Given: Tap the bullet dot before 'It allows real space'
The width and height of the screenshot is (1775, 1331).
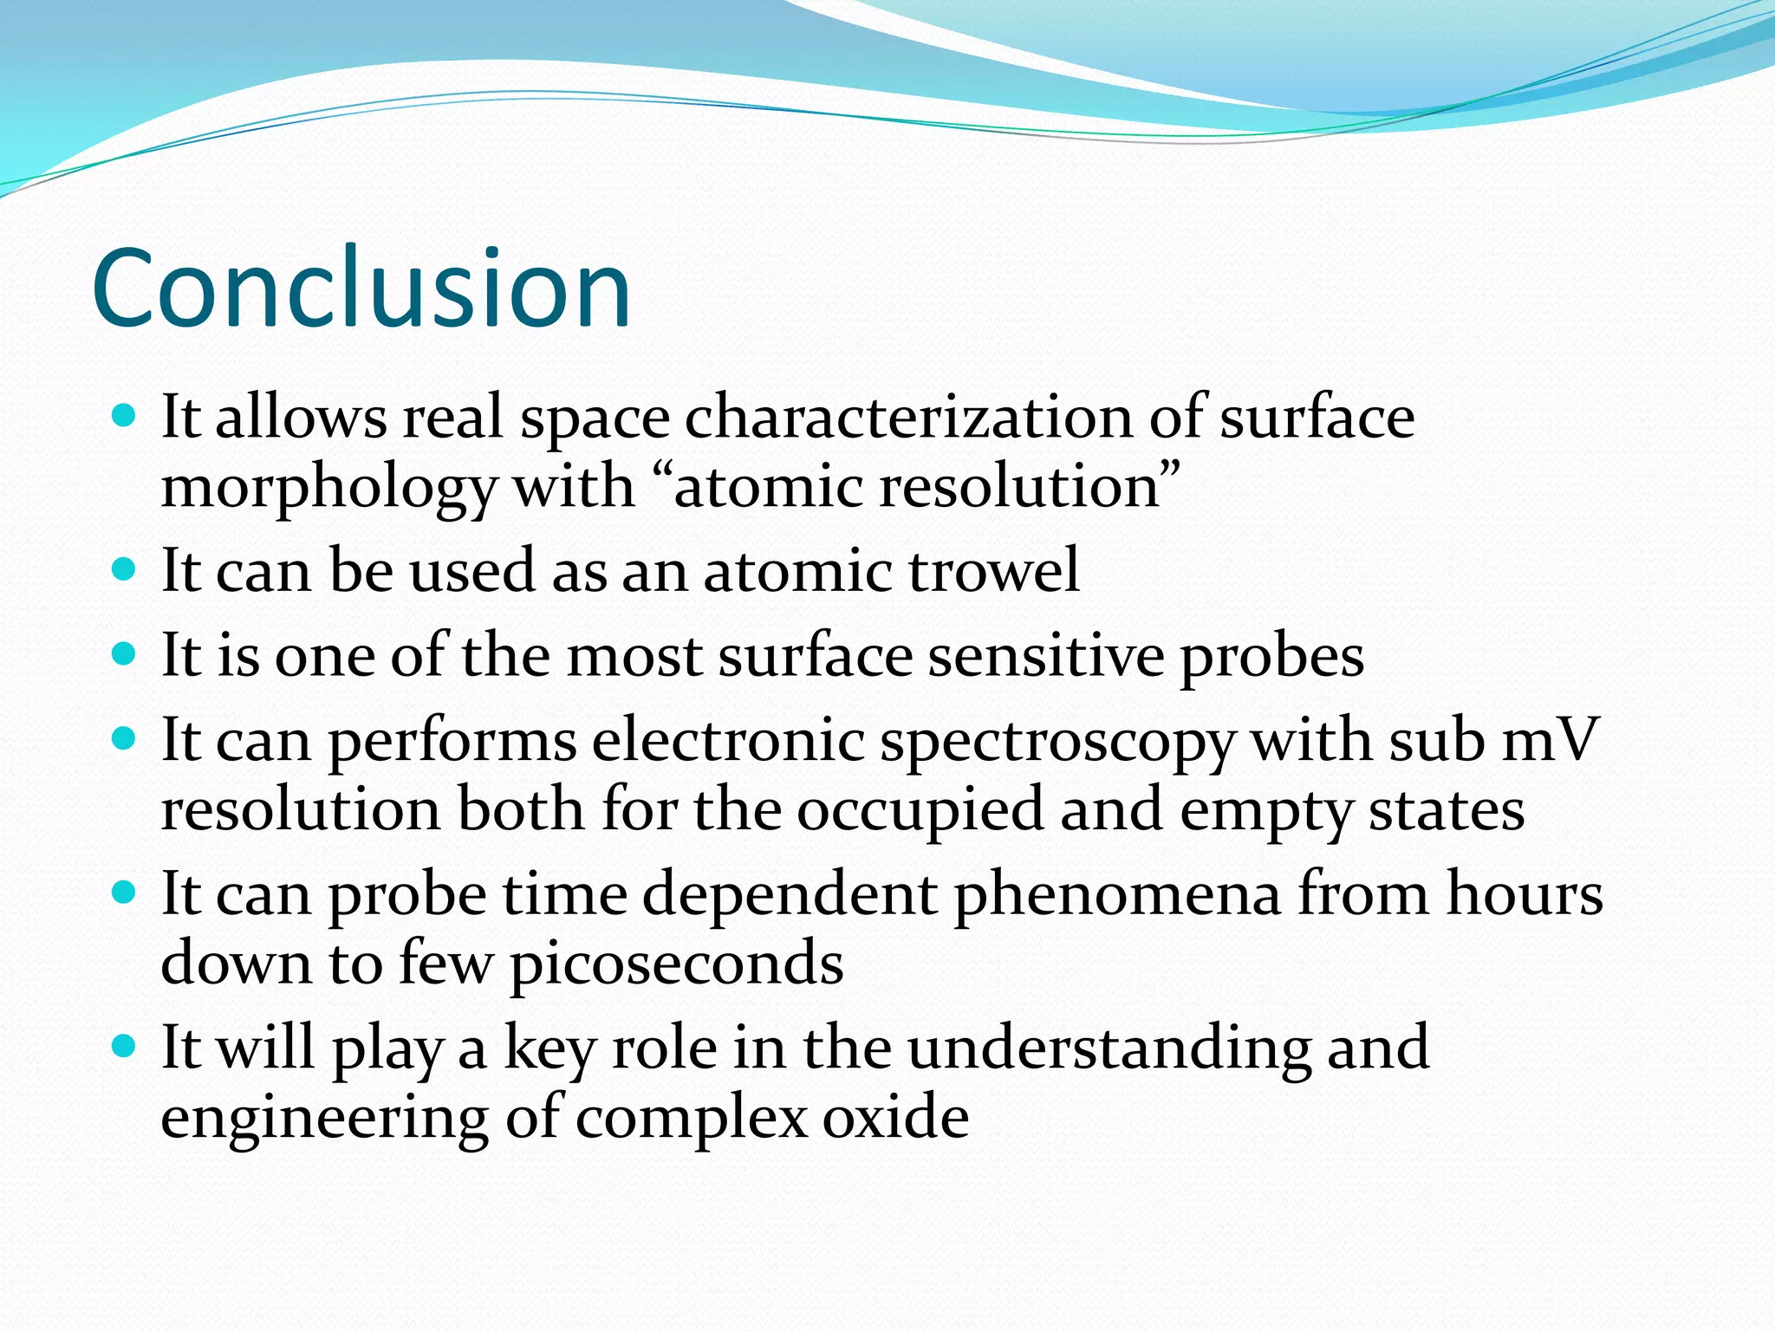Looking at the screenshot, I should [x=125, y=416].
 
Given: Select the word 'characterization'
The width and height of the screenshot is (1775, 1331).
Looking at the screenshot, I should [x=908, y=418].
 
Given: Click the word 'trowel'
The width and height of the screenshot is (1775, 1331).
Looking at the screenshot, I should [x=994, y=571].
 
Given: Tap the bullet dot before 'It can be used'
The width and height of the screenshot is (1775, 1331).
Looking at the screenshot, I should [x=125, y=569].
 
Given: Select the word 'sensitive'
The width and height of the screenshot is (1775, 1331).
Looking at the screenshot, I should [x=1045, y=656].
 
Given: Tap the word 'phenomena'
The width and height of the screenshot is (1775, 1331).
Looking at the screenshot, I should [x=1117, y=896].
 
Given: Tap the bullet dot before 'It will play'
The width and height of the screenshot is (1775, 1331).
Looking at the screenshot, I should [x=125, y=1046].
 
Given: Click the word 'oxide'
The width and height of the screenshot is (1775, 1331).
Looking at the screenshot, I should [x=895, y=1117].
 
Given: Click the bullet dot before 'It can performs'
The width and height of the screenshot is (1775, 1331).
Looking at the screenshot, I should [x=125, y=739].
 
